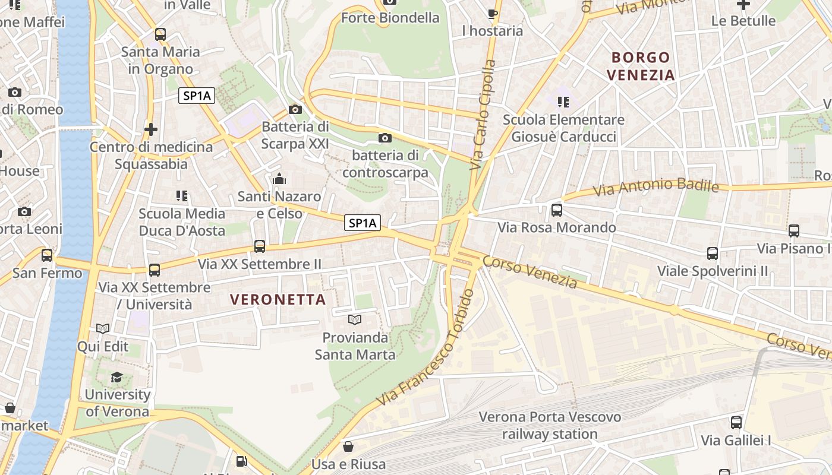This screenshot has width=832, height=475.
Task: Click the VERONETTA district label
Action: coord(278,300)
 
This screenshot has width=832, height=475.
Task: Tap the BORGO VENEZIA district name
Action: coord(641,66)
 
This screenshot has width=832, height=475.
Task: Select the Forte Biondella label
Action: coord(390,18)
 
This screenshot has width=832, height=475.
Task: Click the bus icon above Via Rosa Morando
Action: coord(557,210)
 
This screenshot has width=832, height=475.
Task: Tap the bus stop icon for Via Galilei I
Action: coord(736,423)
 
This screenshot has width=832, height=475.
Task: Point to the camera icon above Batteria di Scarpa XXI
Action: coord(295,109)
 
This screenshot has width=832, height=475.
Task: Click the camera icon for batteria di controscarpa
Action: coord(385,138)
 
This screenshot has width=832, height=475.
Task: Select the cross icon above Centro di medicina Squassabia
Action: coord(151,129)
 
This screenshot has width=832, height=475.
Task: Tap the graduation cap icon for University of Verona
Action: coord(117,378)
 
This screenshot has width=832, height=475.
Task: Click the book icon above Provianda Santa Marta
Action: coord(355,320)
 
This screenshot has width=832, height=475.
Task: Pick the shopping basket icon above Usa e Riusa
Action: coord(348,446)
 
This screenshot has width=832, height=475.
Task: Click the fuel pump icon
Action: coord(241,461)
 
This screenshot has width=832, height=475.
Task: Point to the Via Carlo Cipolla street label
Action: coord(483,115)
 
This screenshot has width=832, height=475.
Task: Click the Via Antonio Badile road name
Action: coord(656,188)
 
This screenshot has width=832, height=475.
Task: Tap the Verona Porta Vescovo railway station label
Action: coord(550,425)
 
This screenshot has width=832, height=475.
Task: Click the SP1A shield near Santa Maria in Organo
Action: coord(197,96)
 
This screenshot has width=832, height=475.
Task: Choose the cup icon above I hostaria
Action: coord(492,14)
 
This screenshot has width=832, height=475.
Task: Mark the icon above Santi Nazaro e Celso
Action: coord(279,179)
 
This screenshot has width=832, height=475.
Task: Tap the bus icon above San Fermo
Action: coord(47,255)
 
